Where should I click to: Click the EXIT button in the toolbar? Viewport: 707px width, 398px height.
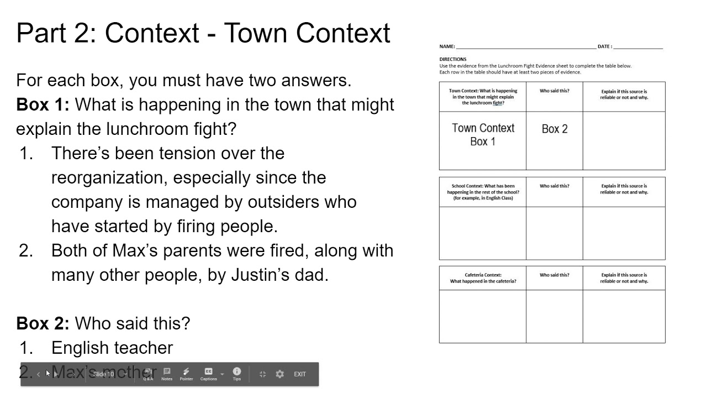click(299, 374)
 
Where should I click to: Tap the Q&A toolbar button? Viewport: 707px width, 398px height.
click(148, 374)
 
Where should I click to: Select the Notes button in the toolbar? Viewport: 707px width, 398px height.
click(167, 374)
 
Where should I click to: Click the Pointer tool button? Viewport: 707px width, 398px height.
click(186, 374)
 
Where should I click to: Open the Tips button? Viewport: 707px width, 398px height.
click(237, 374)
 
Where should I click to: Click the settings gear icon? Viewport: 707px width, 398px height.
click(280, 374)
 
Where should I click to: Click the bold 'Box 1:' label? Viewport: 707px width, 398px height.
click(43, 104)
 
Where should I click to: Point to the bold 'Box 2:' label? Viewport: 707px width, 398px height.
click(43, 323)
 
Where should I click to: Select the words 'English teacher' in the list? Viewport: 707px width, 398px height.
click(112, 348)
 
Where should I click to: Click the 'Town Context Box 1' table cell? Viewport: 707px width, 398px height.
click(483, 135)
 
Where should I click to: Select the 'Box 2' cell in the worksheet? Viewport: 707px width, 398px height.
click(555, 129)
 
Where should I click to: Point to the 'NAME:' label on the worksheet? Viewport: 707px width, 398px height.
click(447, 46)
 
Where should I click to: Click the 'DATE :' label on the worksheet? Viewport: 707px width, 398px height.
click(604, 46)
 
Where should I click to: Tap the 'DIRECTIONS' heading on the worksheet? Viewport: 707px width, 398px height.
click(453, 59)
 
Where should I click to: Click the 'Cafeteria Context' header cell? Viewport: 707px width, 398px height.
click(483, 278)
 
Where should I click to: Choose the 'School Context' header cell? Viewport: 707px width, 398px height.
click(483, 192)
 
